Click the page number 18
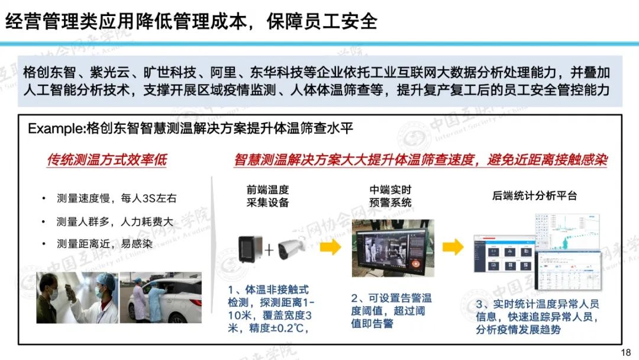click(x=625, y=352)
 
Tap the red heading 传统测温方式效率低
click(x=107, y=159)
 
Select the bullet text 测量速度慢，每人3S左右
click(x=117, y=198)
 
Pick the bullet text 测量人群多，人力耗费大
click(x=115, y=221)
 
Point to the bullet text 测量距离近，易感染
click(x=105, y=244)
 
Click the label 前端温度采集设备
click(x=268, y=196)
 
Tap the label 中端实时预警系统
click(x=390, y=196)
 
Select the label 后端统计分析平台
click(x=534, y=196)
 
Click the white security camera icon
click(x=291, y=249)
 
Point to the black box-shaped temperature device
click(x=250, y=249)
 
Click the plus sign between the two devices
click(x=269, y=249)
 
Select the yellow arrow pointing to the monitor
click(x=330, y=247)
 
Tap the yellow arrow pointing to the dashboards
click(x=453, y=247)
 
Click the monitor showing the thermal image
click(x=393, y=248)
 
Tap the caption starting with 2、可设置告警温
click(x=391, y=311)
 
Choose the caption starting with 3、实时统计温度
click(x=537, y=317)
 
